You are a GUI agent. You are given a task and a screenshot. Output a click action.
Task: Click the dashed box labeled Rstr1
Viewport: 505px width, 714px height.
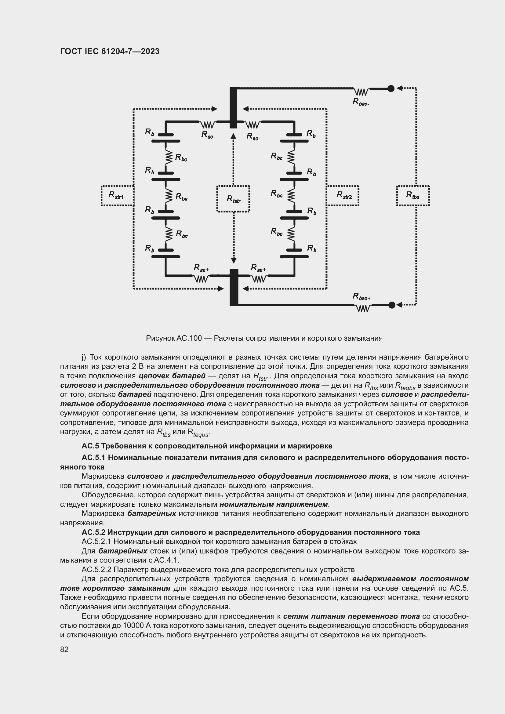pyautogui.click(x=117, y=196)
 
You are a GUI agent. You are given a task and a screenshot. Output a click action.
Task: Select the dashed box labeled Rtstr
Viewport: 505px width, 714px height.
pyautogui.click(x=233, y=199)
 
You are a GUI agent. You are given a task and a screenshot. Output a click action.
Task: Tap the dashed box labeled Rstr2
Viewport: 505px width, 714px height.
pyautogui.click(x=343, y=196)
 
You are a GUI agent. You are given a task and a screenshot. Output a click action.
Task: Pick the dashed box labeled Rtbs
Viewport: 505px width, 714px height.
pyautogui.click(x=413, y=196)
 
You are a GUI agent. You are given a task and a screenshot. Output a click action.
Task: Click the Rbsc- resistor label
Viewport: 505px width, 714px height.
pyautogui.click(x=361, y=102)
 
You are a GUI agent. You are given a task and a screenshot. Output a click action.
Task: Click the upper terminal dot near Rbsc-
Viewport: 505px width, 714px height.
pyautogui.click(x=391, y=89)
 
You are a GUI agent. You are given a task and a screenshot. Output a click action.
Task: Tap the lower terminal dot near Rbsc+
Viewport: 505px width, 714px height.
pyautogui.click(x=392, y=305)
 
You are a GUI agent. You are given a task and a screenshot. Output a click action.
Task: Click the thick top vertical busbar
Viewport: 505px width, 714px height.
pyautogui.click(x=233, y=107)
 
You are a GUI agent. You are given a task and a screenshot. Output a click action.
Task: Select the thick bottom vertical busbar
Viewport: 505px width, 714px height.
pyautogui.click(x=234, y=287)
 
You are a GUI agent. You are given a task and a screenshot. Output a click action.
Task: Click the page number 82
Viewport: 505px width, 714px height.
pyautogui.click(x=64, y=649)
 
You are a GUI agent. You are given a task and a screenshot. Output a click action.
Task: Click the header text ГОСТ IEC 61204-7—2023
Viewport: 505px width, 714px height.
pyautogui.click(x=110, y=51)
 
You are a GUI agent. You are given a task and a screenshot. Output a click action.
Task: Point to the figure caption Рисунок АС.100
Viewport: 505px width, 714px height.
pyautogui.click(x=174, y=338)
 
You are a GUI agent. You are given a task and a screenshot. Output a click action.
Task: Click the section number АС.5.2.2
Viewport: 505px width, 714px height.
pyautogui.click(x=96, y=570)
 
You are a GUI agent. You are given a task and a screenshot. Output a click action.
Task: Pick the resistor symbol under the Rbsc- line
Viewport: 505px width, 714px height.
pyautogui.click(x=361, y=92)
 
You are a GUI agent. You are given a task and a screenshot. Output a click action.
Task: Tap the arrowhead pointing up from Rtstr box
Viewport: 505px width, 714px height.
pyautogui.click(x=233, y=135)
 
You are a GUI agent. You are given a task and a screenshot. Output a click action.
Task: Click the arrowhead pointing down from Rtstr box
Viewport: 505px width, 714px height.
pyautogui.click(x=234, y=261)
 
